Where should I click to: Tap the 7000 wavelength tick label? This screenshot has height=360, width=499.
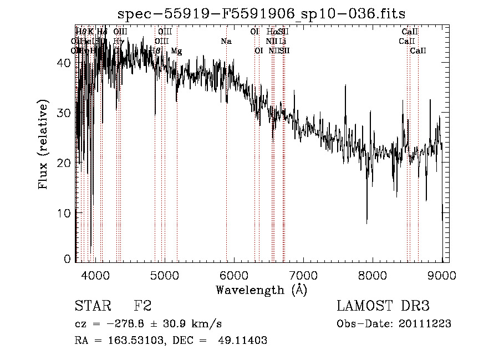coord(303,274)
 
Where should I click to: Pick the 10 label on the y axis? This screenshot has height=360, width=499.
coord(64,213)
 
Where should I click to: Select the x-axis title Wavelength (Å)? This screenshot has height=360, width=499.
coord(261,290)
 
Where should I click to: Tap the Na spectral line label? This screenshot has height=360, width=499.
coord(226,41)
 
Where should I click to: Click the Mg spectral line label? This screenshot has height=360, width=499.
coord(176,51)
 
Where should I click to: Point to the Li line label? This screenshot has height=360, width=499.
coord(283,41)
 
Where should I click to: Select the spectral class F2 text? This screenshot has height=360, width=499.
coord(142,306)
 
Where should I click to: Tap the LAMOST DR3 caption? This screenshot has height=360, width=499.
coord(383,306)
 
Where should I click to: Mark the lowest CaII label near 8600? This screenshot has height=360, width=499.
coord(418,51)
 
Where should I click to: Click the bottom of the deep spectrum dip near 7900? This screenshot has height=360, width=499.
coord(366,223)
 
